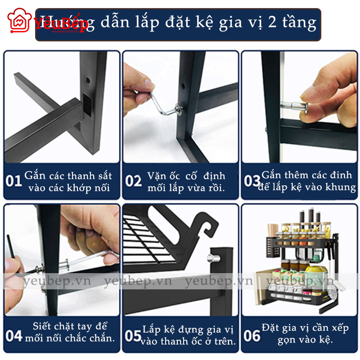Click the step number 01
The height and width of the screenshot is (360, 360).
click(x=14, y=181)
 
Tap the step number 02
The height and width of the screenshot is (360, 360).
click(x=133, y=181)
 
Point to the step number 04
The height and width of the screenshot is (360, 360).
click(x=14, y=336)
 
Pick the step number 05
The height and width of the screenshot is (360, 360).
click(x=133, y=336)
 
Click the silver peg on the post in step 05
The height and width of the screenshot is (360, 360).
click(x=211, y=258)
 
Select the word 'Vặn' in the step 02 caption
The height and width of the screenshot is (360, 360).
click(x=157, y=175)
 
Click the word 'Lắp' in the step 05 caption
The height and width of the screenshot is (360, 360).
click(x=152, y=330)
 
